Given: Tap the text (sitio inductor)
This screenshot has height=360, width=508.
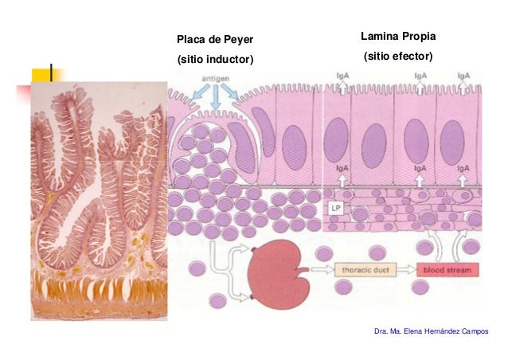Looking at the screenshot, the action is (x=215, y=60).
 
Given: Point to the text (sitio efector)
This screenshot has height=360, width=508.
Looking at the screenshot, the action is (x=398, y=57).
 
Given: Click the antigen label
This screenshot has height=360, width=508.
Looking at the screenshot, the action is (x=216, y=78).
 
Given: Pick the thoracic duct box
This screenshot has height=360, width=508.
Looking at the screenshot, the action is (x=365, y=269).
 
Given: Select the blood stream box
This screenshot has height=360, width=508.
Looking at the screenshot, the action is (x=447, y=270).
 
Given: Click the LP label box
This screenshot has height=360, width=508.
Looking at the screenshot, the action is (x=336, y=208).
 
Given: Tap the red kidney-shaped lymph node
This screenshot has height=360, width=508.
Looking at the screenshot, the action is (x=278, y=274).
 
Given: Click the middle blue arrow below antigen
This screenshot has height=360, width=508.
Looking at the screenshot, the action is (x=216, y=97).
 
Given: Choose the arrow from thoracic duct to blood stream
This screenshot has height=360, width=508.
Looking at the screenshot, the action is (x=406, y=269).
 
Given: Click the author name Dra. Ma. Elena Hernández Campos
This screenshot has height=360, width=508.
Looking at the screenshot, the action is (x=432, y=331).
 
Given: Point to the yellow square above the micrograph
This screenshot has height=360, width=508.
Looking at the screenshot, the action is (x=41, y=75).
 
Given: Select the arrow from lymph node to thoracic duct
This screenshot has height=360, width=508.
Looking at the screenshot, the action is (x=322, y=269).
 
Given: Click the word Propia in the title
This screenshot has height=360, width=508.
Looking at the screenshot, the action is (x=420, y=37).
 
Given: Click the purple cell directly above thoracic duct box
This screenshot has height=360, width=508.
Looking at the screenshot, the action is (x=377, y=252).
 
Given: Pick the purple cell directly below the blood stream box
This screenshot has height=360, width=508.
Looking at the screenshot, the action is (x=420, y=287).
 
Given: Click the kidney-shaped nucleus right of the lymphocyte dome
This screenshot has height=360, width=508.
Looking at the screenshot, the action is (x=242, y=147).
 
